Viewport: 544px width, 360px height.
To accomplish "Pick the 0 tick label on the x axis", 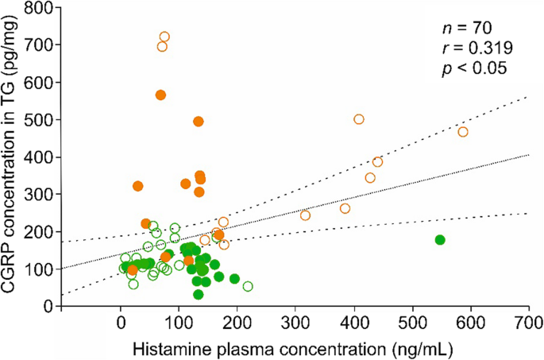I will pyautogui.click(x=121, y=324).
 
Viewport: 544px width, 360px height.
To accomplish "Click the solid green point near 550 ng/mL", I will pyautogui.click(x=440, y=240).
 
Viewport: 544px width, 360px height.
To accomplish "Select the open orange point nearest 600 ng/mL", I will pyautogui.click(x=463, y=132).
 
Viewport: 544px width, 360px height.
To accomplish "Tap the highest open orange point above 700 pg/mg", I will pyautogui.click(x=164, y=37).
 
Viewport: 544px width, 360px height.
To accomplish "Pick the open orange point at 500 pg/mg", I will pyautogui.click(x=359, y=119).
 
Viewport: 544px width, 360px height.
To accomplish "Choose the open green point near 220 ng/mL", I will pyautogui.click(x=248, y=286).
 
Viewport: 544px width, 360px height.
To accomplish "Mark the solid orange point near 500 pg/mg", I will pyautogui.click(x=199, y=122).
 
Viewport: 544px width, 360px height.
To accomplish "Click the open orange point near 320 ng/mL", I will pyautogui.click(x=306, y=215).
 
